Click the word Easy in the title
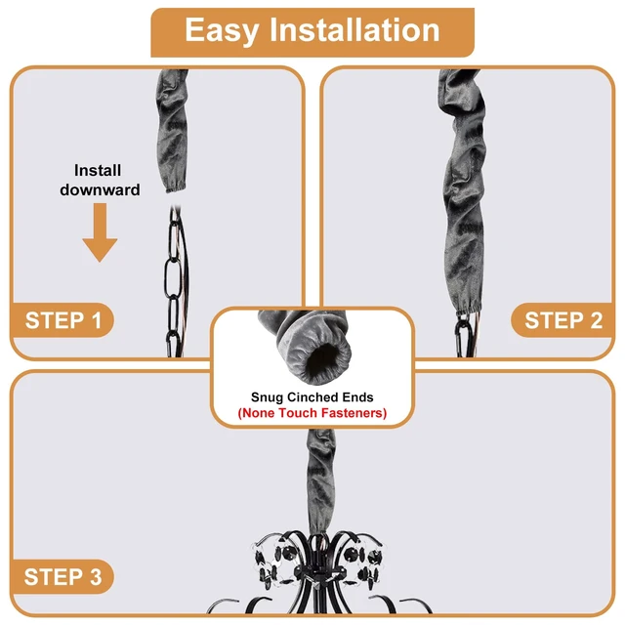pos(222,31)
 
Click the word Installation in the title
pos(354,30)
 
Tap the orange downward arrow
pos(100,232)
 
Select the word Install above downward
pos(98,171)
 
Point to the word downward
pos(100,189)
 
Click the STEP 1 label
pos(62,320)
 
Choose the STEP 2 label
pos(563,320)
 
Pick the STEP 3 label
pos(62,577)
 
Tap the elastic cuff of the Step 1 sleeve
pos(176,188)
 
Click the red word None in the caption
pos(257,413)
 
